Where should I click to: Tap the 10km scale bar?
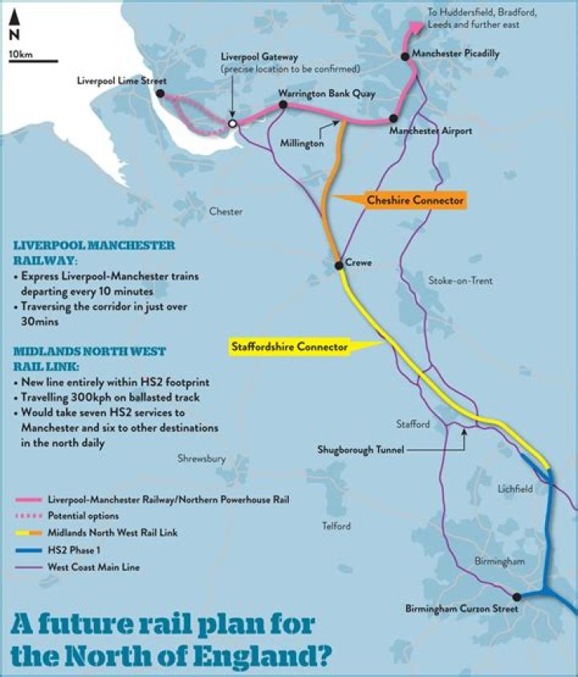click(x=33, y=60)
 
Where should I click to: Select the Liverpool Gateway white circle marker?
click(x=233, y=124)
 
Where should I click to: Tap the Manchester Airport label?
click(x=429, y=129)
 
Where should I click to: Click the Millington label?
click(x=302, y=142)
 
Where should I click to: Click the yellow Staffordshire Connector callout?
click(x=289, y=347)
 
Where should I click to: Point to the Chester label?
click(x=225, y=212)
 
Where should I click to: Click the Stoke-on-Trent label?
click(x=460, y=281)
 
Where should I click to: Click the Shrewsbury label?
click(x=201, y=459)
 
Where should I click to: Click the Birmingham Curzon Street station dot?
click(x=517, y=597)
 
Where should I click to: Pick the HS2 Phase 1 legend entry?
click(x=80, y=550)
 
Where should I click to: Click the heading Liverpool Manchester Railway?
click(x=93, y=252)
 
